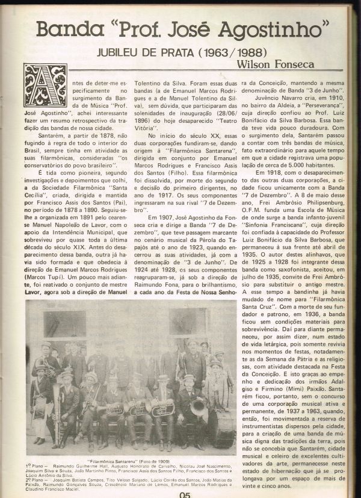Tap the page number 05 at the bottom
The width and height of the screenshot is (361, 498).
pos(185,493)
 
